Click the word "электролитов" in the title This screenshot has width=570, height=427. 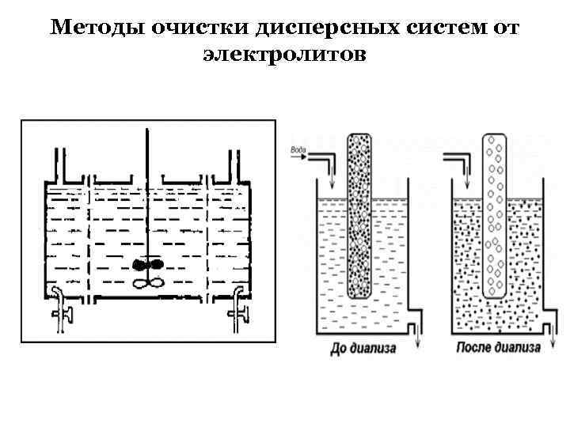click(285, 55)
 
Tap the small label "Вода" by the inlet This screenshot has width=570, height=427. click(299, 149)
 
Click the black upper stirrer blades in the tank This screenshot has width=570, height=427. click(147, 265)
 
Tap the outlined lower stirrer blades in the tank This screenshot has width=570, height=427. click(147, 282)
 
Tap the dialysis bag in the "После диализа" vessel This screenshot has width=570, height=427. click(495, 213)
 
